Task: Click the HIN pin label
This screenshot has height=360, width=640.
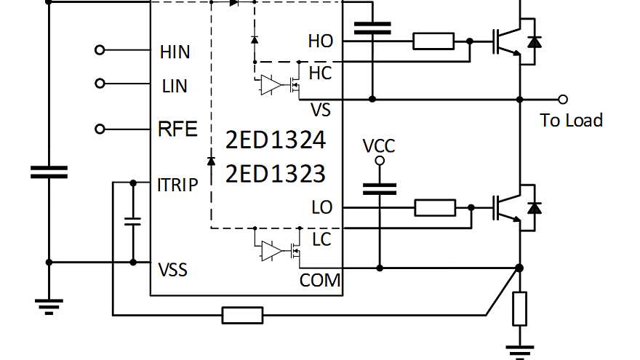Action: pyautogui.click(x=175, y=52)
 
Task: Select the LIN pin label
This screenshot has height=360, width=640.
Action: pyautogui.click(x=174, y=87)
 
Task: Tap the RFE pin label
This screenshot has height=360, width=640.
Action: pyautogui.click(x=177, y=129)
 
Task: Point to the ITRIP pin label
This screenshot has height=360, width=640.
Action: pyautogui.click(x=177, y=185)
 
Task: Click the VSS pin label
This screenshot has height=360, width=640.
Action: pyautogui.click(x=173, y=270)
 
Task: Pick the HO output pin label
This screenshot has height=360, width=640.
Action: pyautogui.click(x=320, y=41)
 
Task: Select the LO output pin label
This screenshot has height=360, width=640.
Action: pyautogui.click(x=321, y=208)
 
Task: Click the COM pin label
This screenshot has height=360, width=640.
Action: pyautogui.click(x=320, y=280)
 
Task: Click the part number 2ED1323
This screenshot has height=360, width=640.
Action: pyautogui.click(x=275, y=175)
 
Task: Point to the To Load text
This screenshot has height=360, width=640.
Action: pyautogui.click(x=572, y=121)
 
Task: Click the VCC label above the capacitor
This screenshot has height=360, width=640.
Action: pyautogui.click(x=379, y=146)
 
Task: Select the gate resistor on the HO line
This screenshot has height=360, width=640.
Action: pyautogui.click(x=433, y=41)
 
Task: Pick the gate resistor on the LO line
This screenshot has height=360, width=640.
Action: pyautogui.click(x=435, y=208)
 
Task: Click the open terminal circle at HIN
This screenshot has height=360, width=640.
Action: pyautogui.click(x=100, y=50)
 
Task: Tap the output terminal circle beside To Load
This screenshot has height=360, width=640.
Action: pyautogui.click(x=562, y=99)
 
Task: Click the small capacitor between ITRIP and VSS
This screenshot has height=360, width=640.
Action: pyautogui.click(x=133, y=221)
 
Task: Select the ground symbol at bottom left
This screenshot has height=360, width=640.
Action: pyautogui.click(x=49, y=305)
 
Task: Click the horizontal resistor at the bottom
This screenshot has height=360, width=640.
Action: pyautogui.click(x=242, y=315)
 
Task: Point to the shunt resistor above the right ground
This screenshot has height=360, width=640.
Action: pyautogui.click(x=519, y=308)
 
